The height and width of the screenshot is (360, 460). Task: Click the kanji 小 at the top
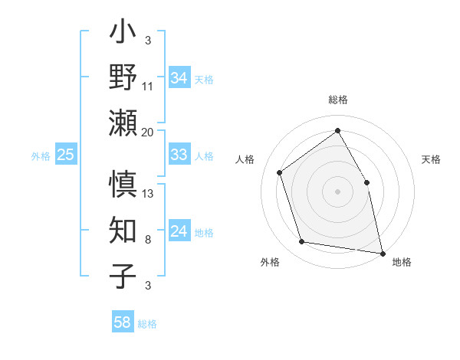(x=123, y=35)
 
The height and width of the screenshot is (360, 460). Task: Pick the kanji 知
(x=123, y=231)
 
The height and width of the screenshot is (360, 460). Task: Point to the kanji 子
(x=123, y=276)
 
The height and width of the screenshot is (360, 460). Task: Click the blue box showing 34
(x=179, y=78)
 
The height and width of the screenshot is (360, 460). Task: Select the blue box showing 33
(x=179, y=155)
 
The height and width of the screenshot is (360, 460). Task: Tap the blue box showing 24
(x=179, y=231)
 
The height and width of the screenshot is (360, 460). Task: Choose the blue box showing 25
(x=65, y=155)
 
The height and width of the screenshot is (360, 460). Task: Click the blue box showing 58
(x=122, y=322)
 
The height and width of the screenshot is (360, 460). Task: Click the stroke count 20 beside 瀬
(x=147, y=133)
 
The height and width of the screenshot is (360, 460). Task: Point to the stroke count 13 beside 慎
(x=148, y=193)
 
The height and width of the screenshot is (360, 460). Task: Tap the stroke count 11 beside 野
(x=148, y=86)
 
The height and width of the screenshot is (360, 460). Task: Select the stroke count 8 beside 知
(x=147, y=240)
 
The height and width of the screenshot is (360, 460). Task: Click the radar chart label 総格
(x=337, y=100)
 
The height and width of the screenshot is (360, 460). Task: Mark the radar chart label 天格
(x=432, y=159)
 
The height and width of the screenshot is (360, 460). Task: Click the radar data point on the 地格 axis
(x=383, y=253)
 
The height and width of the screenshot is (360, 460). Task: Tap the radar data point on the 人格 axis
(x=280, y=172)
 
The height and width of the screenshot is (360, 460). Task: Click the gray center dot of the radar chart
(x=337, y=191)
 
